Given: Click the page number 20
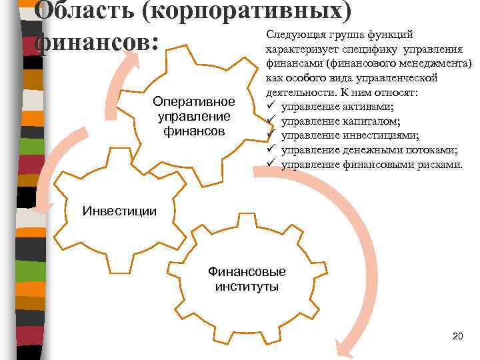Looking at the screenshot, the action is tap(457, 335).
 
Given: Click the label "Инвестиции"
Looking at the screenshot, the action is tap(119, 211).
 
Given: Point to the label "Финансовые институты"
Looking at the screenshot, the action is tap(247, 279).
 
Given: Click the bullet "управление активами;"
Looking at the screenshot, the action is tap(337, 107).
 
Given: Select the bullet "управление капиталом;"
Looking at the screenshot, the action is tap(341, 121).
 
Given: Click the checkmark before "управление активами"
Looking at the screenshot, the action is tap(271, 107).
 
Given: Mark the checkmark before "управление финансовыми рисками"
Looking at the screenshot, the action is tap(271, 164).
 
